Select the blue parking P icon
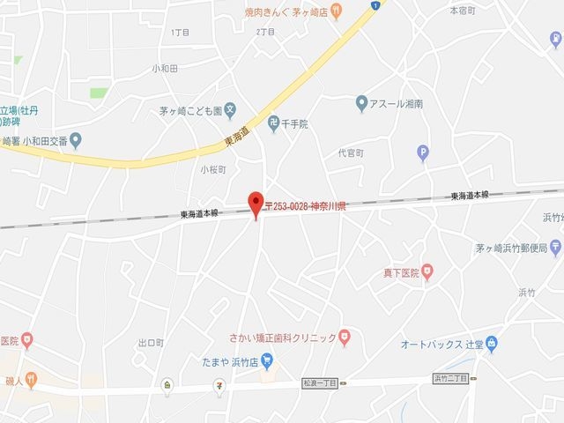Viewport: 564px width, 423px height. (x=423, y=153)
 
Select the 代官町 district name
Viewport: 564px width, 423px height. (x=350, y=152)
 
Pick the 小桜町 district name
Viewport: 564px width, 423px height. (x=213, y=168)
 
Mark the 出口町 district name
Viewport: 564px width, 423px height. (x=151, y=343)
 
